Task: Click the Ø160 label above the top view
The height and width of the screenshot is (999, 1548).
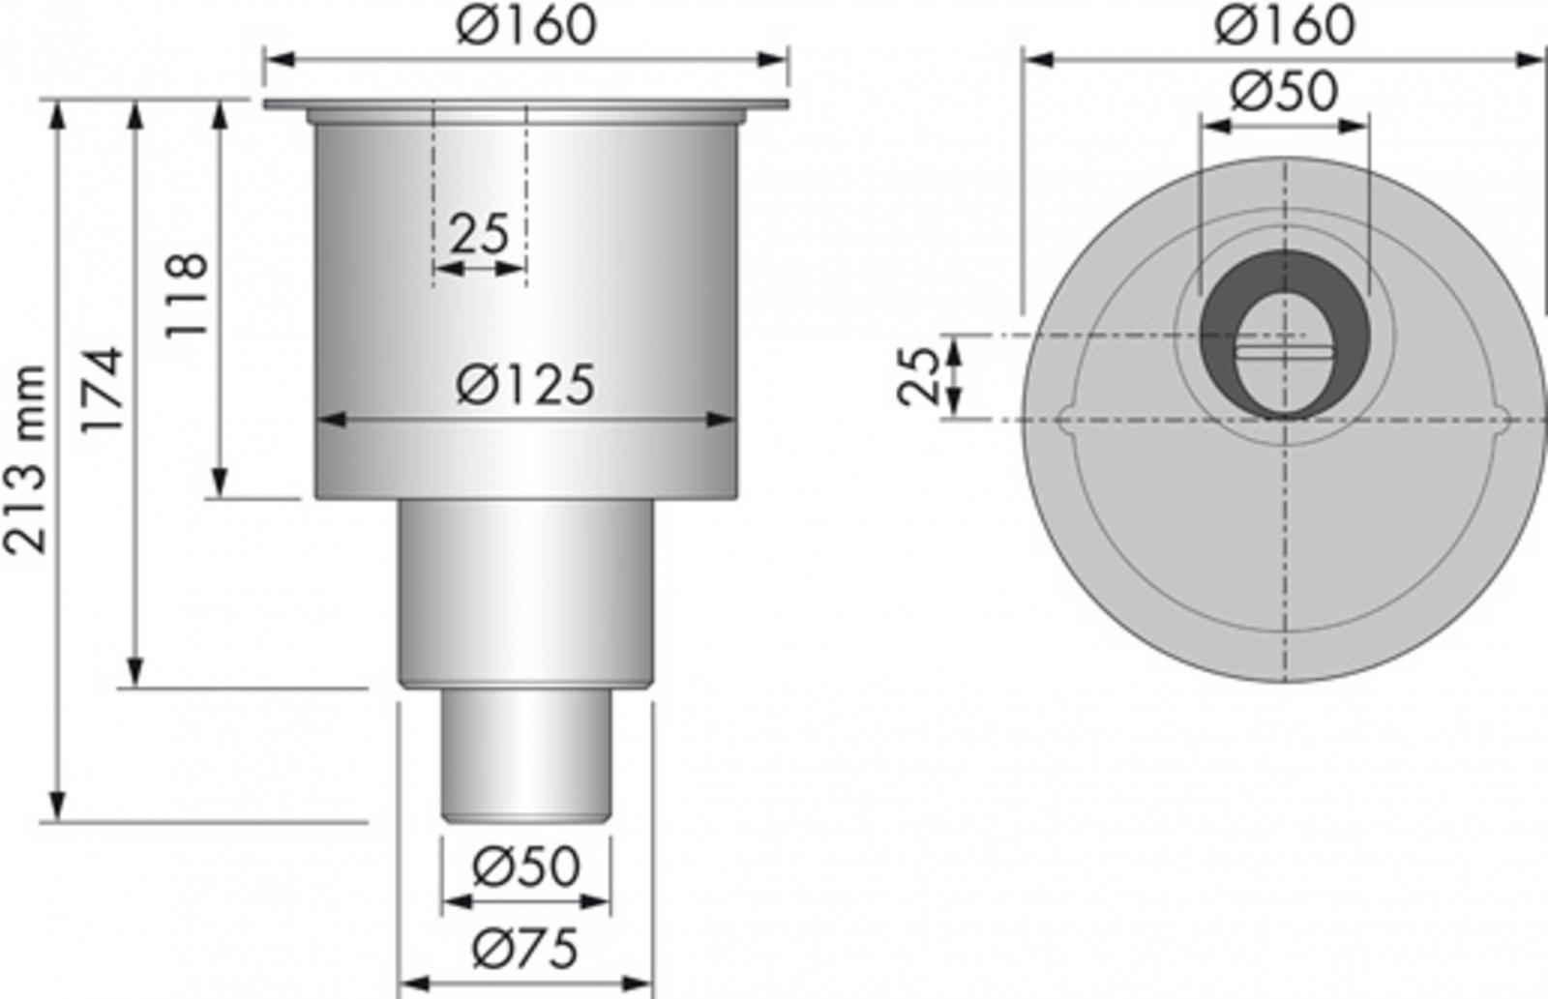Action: pyautogui.click(x=1285, y=25)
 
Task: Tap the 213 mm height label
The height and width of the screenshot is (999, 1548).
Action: pyautogui.click(x=26, y=460)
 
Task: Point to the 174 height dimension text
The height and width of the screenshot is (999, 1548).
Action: pyautogui.click(x=104, y=390)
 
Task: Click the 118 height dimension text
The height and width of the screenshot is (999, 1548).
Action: pyautogui.click(x=187, y=294)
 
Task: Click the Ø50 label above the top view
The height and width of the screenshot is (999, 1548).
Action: pyautogui.click(x=1285, y=93)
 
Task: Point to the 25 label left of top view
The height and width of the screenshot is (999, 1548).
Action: pyautogui.click(x=919, y=376)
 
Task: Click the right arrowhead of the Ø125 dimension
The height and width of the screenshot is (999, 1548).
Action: pyautogui.click(x=722, y=420)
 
